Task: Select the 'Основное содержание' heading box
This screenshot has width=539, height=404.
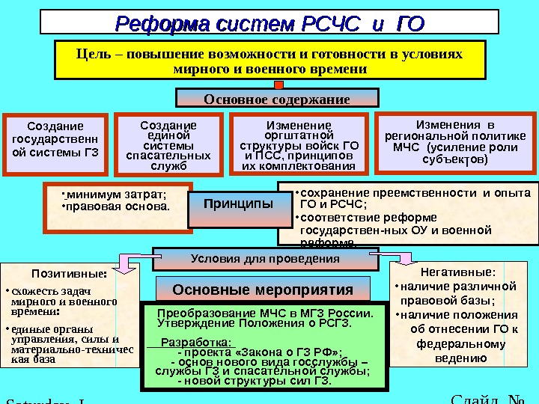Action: (x=277, y=99)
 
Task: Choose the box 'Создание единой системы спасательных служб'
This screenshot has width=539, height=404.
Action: (x=168, y=145)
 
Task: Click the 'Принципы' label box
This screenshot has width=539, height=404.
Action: (x=238, y=203)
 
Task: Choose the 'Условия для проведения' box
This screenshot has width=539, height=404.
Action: (x=265, y=259)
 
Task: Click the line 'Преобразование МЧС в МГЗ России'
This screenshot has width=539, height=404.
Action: (x=265, y=313)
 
